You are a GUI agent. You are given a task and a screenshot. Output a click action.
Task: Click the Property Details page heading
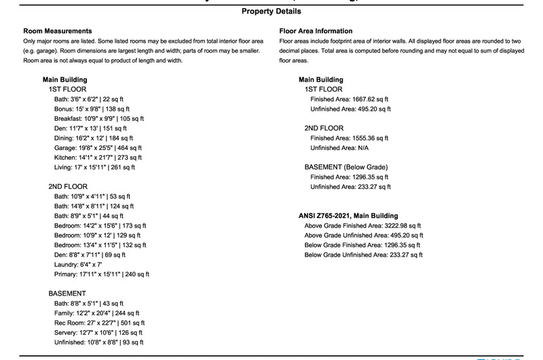pyautogui.click(x=271, y=12)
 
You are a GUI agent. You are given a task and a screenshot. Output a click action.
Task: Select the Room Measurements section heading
pyautogui.click(x=58, y=31)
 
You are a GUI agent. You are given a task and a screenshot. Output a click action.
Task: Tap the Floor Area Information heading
pyautogui.click(x=316, y=31)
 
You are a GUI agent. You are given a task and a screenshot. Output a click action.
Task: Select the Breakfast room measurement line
pyautogui.click(x=101, y=118)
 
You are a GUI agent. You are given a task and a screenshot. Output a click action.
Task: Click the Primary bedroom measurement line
pyautogui.click(x=102, y=274)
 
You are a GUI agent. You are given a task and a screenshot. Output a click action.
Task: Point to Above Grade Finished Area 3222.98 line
pyautogui.click(x=363, y=226)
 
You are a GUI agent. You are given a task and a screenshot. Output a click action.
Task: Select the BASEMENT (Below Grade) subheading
pyautogui.click(x=347, y=167)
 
